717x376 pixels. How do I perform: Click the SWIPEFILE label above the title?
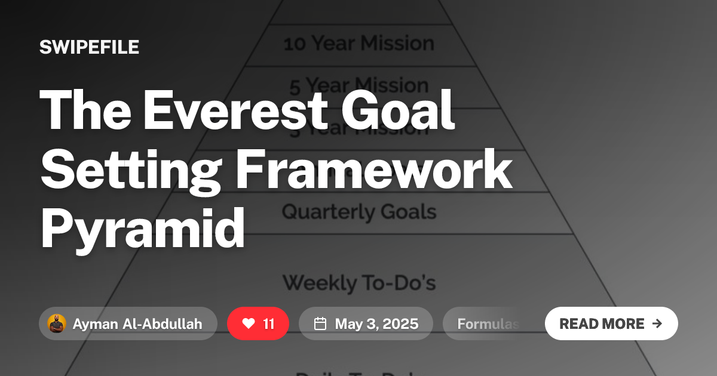click(x=89, y=47)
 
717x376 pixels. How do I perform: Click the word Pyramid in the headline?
click(x=142, y=229)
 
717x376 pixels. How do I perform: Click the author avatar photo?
click(x=56, y=323)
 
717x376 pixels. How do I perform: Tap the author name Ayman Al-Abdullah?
click(x=137, y=323)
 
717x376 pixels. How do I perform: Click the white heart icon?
click(x=249, y=323)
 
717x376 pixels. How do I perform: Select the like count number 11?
click(x=269, y=323)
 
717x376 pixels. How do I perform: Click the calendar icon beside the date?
click(x=320, y=323)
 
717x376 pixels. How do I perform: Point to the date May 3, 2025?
click(x=376, y=323)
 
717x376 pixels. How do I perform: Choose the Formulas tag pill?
click(x=487, y=323)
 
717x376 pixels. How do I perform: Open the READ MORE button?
click(x=611, y=323)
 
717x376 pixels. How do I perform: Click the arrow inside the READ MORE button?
click(x=657, y=323)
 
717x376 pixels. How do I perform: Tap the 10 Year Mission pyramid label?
click(x=358, y=44)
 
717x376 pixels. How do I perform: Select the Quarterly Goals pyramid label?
click(x=358, y=211)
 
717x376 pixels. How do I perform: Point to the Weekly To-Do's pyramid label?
click(x=358, y=282)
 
